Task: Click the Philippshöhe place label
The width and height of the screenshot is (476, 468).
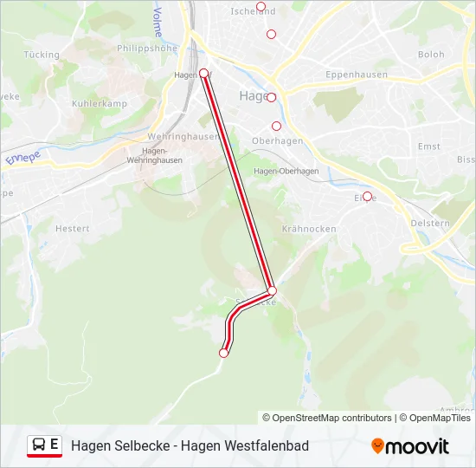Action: click(146, 49)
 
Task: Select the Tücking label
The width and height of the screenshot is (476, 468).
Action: click(42, 55)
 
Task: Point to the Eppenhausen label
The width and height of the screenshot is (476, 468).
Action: click(357, 75)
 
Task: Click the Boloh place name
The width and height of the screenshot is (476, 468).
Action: click(431, 55)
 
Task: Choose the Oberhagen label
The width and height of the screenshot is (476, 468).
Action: click(277, 141)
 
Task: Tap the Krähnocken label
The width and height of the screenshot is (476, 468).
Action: click(309, 229)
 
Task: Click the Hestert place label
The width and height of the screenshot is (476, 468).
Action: click(72, 229)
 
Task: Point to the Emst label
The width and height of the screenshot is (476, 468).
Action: click(428, 146)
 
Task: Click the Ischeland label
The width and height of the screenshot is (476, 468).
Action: click(254, 11)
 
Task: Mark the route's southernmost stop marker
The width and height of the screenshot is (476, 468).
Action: click(224, 353)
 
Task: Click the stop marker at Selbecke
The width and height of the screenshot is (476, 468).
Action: click(272, 290)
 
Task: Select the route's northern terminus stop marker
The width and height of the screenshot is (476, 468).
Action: click(204, 73)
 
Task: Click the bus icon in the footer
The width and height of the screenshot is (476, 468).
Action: click(39, 445)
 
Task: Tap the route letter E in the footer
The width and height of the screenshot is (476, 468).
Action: click(55, 445)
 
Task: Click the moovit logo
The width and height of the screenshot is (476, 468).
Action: click(410, 446)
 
